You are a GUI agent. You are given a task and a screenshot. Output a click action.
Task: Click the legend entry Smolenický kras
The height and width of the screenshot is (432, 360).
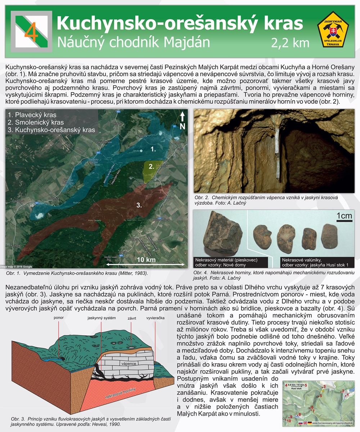point(36,123)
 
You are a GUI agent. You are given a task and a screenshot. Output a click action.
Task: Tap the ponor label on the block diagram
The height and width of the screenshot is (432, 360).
point(58,318)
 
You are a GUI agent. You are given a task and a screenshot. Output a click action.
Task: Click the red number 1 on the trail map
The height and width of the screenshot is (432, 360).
point(348,395)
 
